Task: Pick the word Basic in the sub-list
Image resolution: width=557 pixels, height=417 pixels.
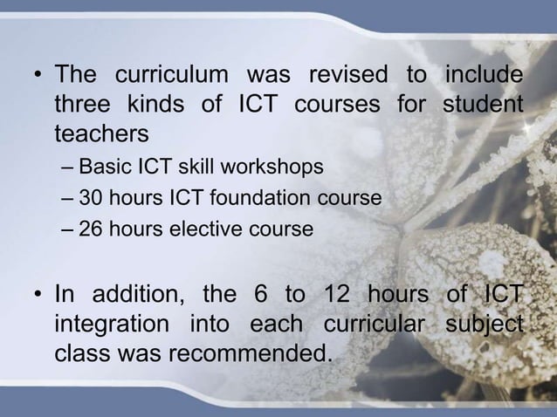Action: click(x=102, y=166)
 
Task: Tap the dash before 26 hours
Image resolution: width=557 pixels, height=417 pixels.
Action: click(x=69, y=230)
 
